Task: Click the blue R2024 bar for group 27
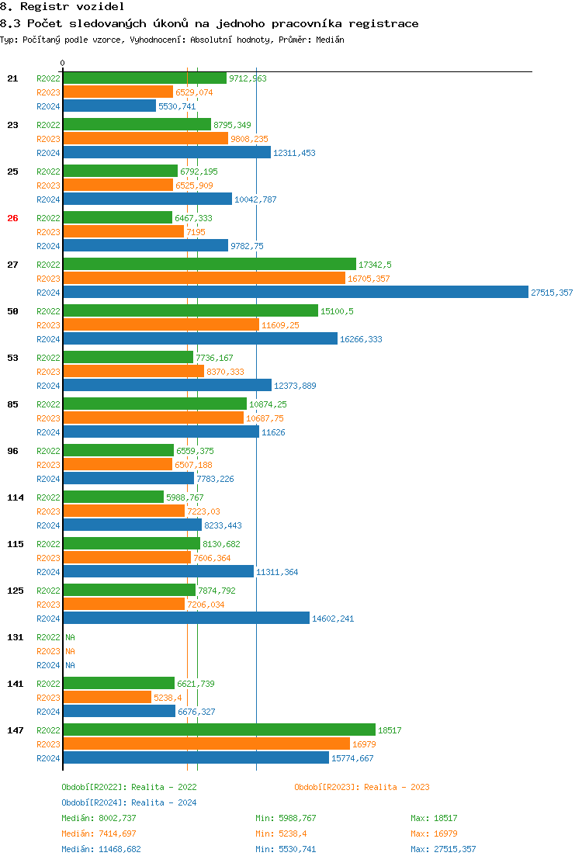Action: tap(295, 293)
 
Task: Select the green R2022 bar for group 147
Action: tap(219, 730)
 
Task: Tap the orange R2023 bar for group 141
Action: tap(107, 698)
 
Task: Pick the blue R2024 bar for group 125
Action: tap(186, 619)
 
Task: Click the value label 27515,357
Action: tap(552, 293)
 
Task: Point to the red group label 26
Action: tap(12, 218)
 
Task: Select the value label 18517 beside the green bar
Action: tap(390, 730)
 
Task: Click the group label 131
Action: tap(15, 637)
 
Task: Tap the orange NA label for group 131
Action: tap(70, 651)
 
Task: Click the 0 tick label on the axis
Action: tap(63, 63)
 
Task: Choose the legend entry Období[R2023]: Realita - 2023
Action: tap(362, 787)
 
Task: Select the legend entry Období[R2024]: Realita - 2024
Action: tap(129, 802)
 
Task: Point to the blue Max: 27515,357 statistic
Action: tap(444, 849)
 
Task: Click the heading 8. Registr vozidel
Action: tap(62, 6)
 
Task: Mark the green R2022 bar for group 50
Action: tap(190, 311)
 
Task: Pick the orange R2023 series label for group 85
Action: tap(48, 418)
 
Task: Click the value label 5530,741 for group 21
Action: tap(177, 106)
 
